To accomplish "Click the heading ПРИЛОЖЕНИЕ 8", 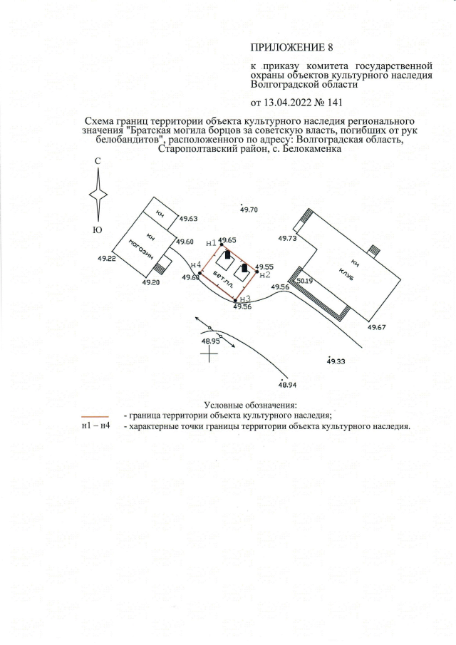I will [x=291, y=48].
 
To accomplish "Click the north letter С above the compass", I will [x=98, y=163].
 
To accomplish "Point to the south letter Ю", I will [x=98, y=229].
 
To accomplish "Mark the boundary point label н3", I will [x=244, y=299].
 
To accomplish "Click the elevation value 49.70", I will [x=249, y=210].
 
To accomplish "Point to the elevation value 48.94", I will [x=287, y=384].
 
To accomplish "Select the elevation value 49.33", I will [x=336, y=362].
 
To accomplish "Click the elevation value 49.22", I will [x=105, y=259].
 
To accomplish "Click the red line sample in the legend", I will [x=95, y=414].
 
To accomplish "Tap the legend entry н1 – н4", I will [x=95, y=426].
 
